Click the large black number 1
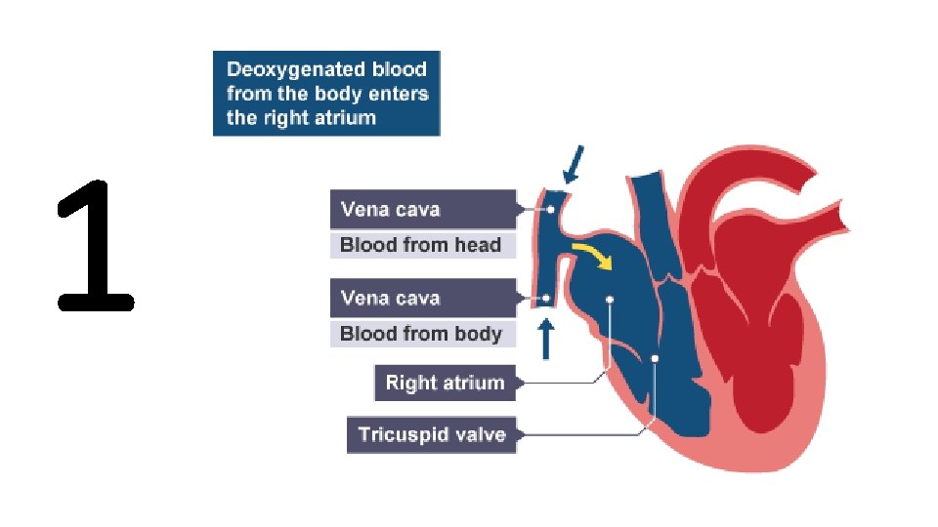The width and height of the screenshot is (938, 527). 95,246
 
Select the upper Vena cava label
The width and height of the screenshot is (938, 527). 422,209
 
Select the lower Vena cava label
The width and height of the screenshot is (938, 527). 422,298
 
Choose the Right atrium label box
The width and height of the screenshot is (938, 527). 445,383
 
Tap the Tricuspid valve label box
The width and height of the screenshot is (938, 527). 431,434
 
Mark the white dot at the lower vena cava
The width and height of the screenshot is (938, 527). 546,298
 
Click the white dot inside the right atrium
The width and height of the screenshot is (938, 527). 610,300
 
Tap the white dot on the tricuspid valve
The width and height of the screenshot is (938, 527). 656,359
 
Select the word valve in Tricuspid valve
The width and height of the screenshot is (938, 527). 479,434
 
